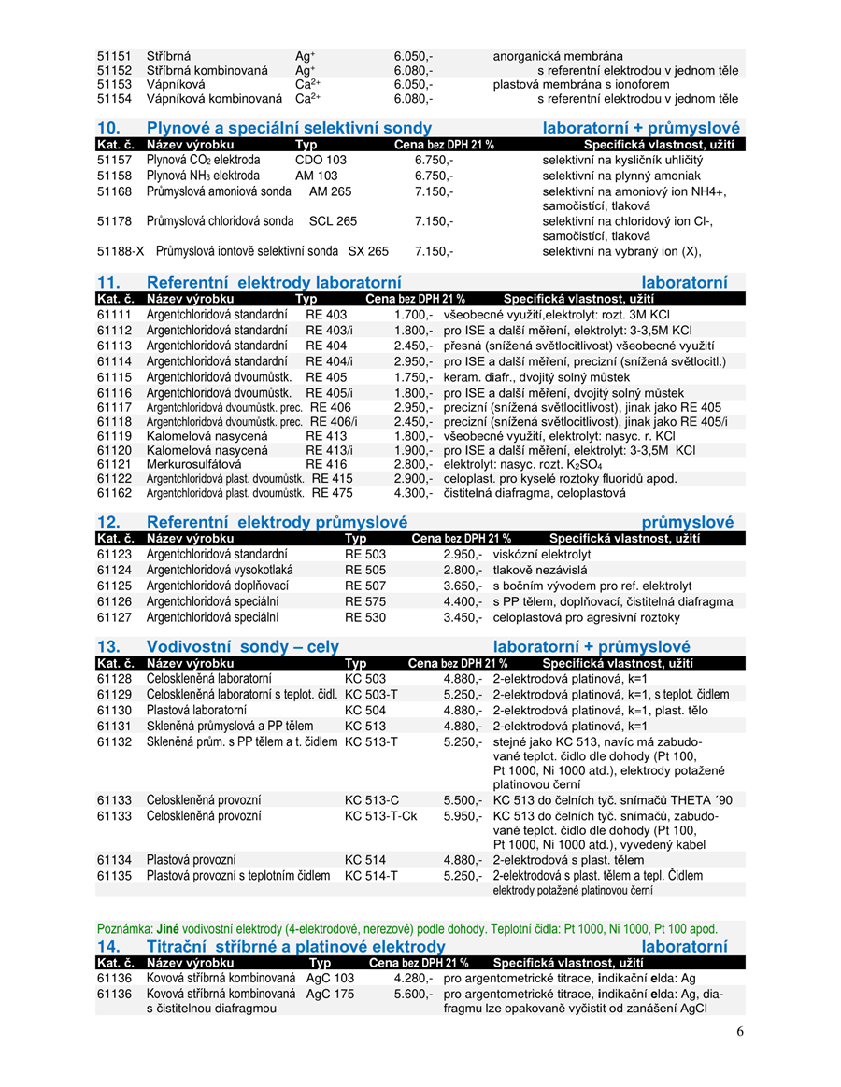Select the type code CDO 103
(x=321, y=160)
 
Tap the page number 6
(x=740, y=1031)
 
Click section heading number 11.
(x=109, y=282)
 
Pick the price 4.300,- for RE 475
(x=414, y=493)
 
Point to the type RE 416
(x=326, y=463)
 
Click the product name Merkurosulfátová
(x=193, y=463)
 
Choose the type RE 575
(x=365, y=601)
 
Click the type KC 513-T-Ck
(x=381, y=815)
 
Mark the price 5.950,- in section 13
(x=463, y=815)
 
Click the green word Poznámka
(x=124, y=929)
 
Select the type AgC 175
(x=331, y=994)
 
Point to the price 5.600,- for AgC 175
(x=414, y=994)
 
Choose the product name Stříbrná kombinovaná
(x=207, y=70)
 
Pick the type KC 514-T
(x=371, y=876)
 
